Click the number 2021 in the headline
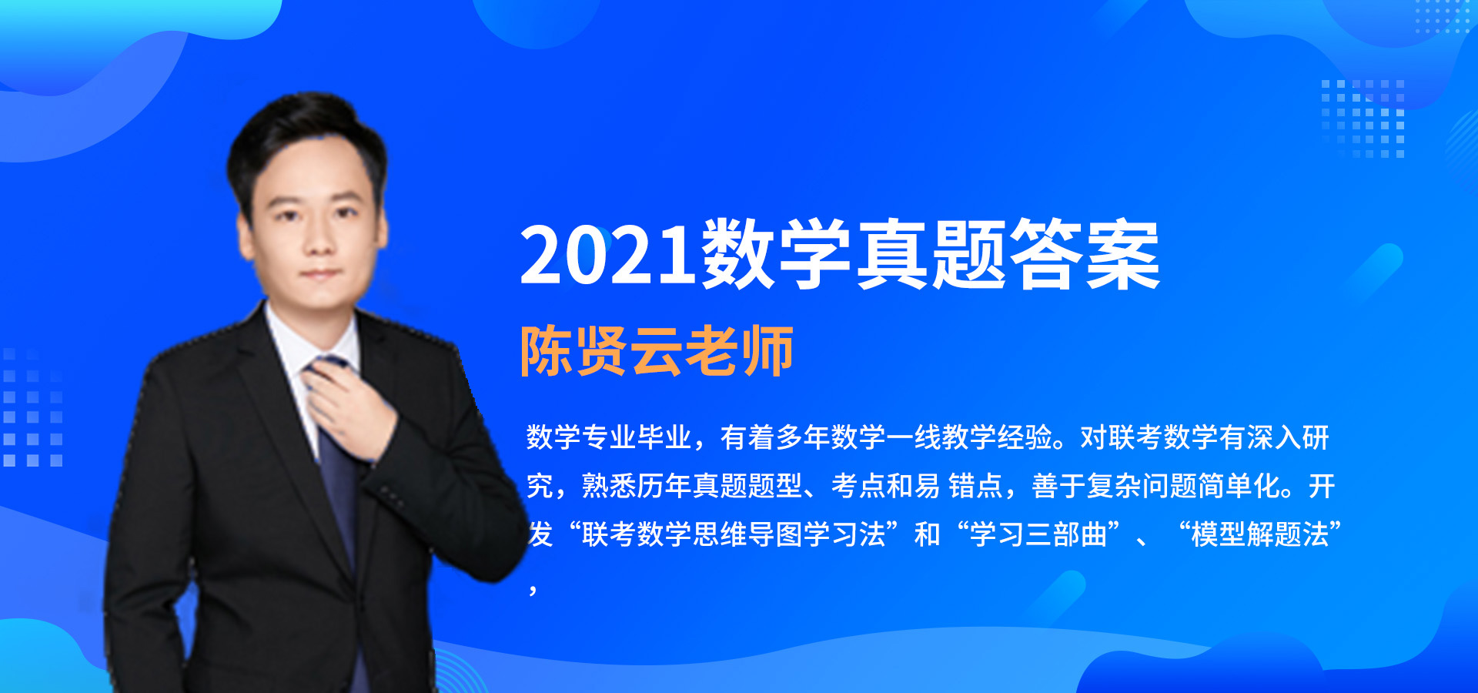point(608,255)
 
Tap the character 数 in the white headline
point(737,254)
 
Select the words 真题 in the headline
point(930,254)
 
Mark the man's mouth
point(321,274)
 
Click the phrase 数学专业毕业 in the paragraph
point(609,437)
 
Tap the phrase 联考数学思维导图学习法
point(734,534)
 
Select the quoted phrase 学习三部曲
point(1038,534)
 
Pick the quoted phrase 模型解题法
point(1260,534)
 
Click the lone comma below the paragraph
point(533,590)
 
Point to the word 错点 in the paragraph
point(975,486)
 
